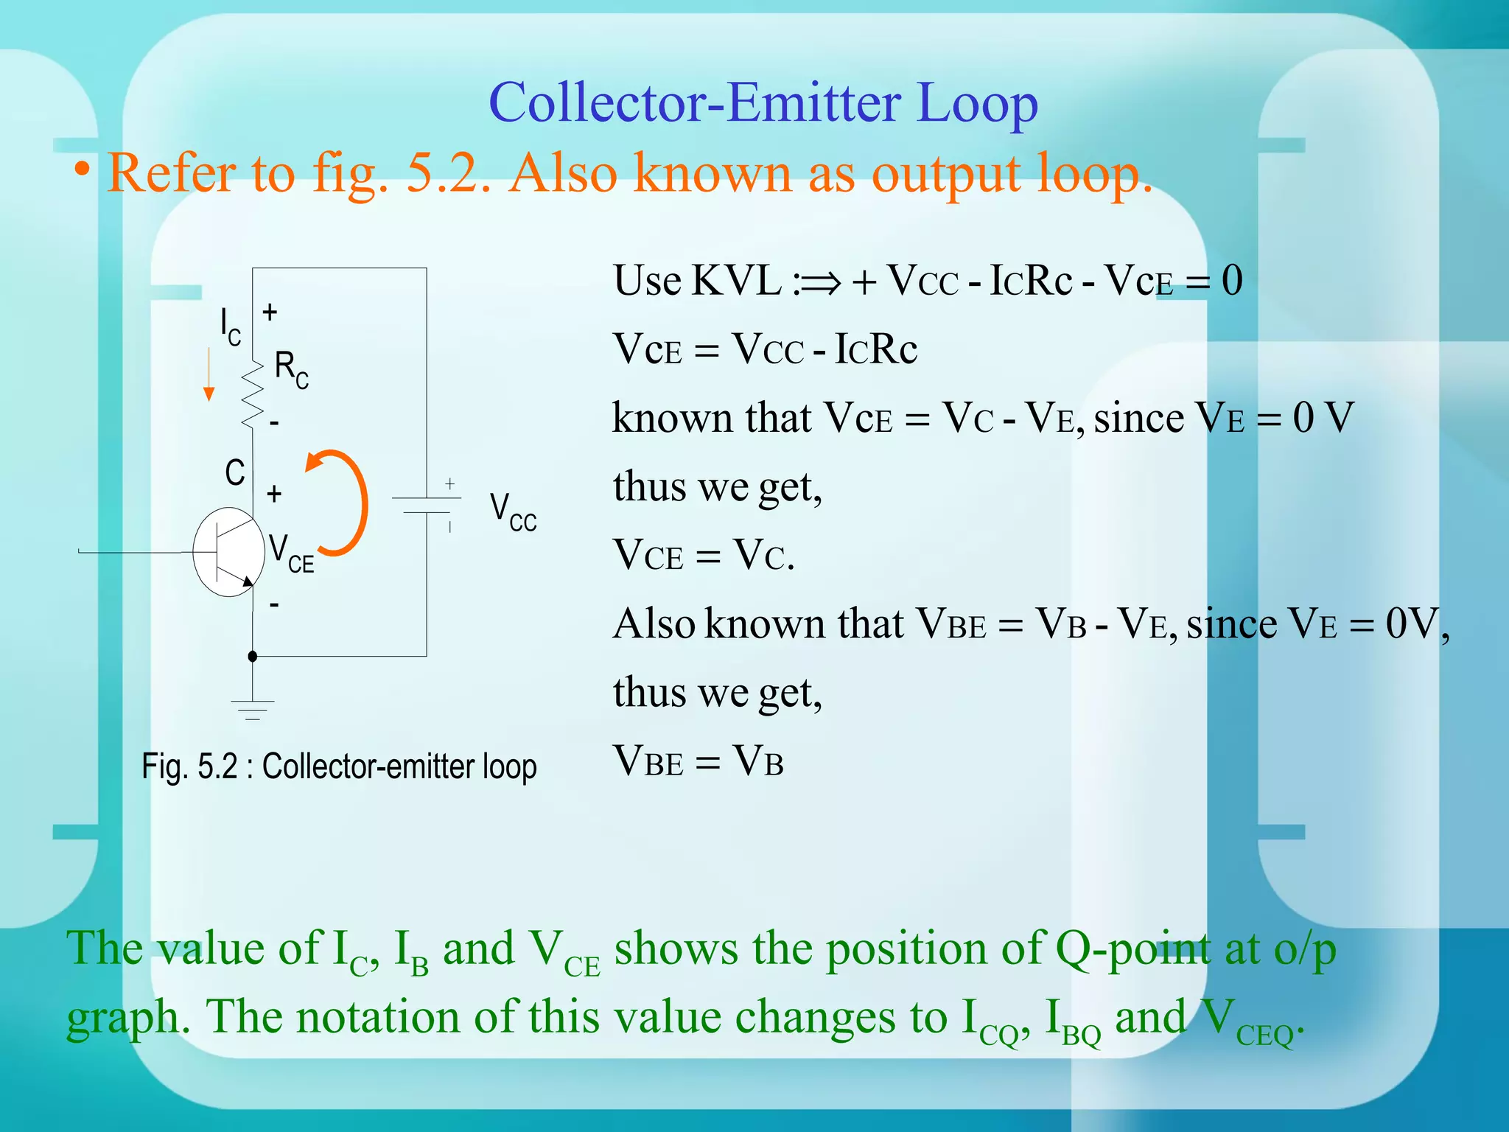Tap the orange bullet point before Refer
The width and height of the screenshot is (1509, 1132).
82,170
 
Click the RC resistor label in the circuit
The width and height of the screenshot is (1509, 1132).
291,369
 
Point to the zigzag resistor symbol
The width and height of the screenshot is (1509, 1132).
253,394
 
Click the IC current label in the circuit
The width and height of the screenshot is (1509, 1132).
231,326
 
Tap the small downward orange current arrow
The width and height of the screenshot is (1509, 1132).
209,376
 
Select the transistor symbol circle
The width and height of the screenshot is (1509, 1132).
228,551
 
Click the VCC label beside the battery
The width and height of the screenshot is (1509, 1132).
513,512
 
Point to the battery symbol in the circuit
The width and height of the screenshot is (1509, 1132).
427,506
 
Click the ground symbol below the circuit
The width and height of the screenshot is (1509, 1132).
253,708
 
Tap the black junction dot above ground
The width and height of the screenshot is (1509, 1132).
253,656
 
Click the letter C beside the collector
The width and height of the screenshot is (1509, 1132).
235,473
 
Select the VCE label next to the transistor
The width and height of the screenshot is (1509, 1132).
291,554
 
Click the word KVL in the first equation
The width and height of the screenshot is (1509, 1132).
736,281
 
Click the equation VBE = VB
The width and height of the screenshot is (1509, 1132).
698,761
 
